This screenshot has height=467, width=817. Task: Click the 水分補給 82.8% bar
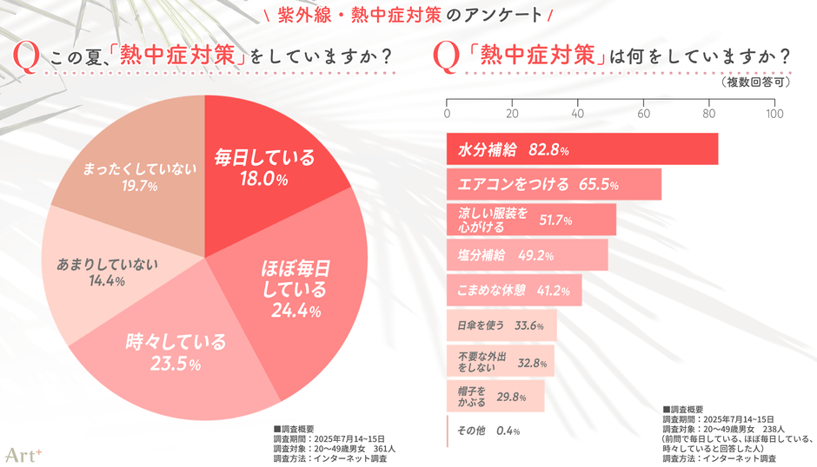point(581,149)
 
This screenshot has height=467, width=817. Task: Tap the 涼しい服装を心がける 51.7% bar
point(531,220)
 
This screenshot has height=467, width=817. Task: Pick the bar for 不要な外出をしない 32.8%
point(500,360)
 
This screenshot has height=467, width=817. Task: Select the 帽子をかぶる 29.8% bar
point(495,396)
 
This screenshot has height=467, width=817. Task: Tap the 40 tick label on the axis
point(577,114)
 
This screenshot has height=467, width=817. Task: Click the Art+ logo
point(22,453)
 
